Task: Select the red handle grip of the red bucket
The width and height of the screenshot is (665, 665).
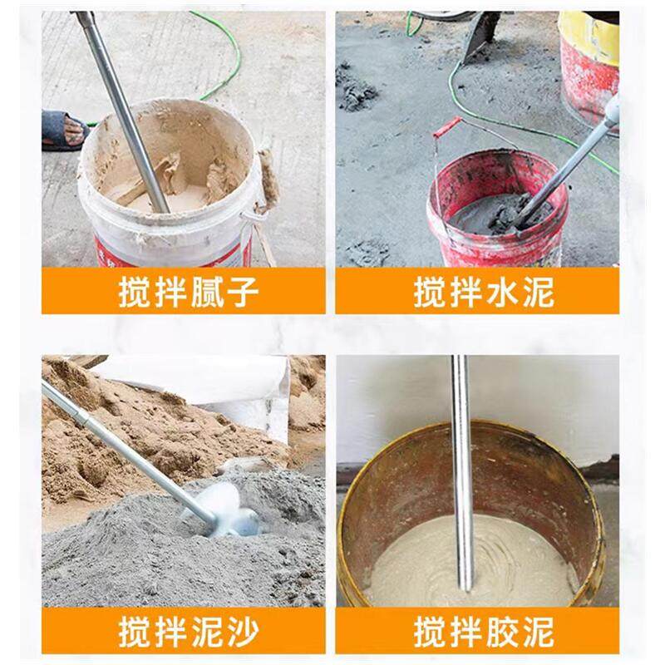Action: point(449,126)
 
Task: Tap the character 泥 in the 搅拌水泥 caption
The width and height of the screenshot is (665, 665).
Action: point(537,293)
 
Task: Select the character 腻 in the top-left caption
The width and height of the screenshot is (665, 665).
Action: point(203,293)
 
